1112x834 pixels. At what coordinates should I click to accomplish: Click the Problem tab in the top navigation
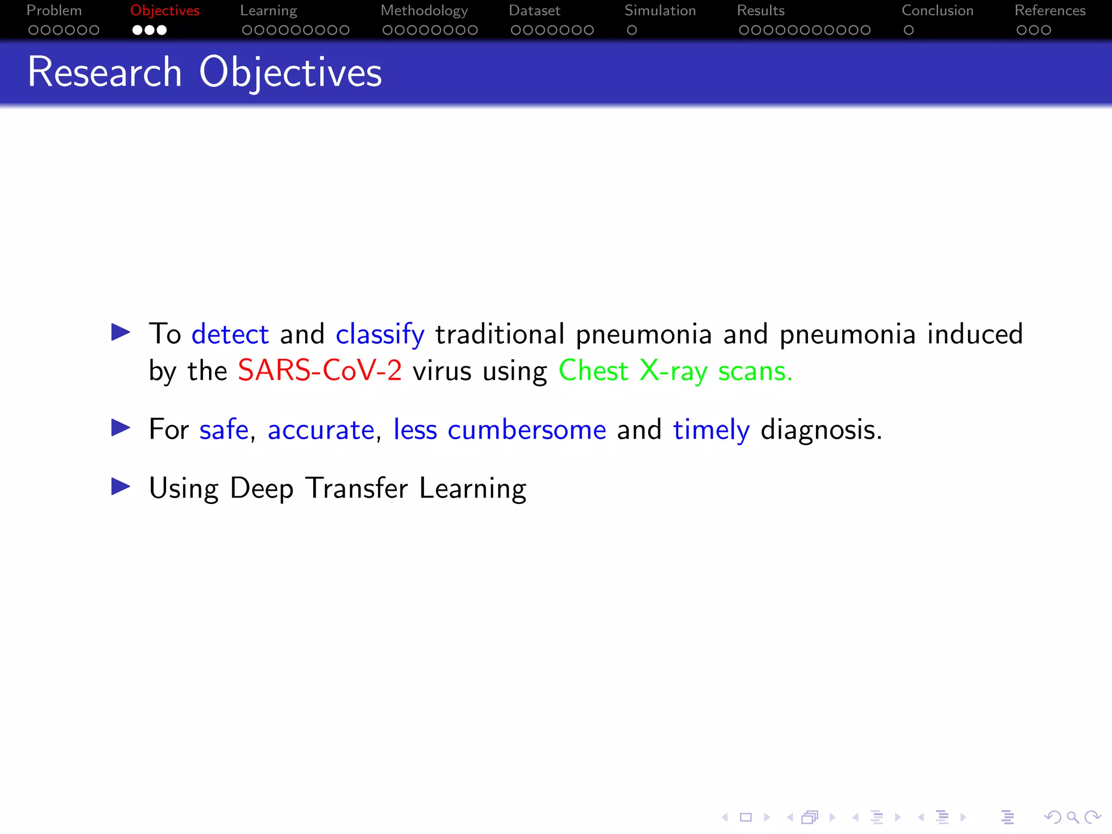point(54,11)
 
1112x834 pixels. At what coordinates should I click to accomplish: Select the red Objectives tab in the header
point(165,11)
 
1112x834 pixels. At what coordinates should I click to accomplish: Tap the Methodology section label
point(424,11)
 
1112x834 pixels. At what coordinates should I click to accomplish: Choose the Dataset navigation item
point(534,11)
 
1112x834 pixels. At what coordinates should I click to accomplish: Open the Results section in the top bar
point(761,11)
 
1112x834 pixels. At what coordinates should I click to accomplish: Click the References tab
point(1050,11)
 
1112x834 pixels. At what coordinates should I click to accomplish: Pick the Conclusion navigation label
point(938,11)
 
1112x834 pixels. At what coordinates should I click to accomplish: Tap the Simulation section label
point(660,11)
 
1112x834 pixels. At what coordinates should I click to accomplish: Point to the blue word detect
point(230,334)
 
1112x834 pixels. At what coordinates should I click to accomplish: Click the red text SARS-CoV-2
point(320,371)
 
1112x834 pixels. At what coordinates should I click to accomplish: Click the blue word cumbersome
point(527,430)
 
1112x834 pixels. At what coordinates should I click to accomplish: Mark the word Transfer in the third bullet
point(356,488)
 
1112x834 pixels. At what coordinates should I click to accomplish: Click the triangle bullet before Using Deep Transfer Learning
point(121,486)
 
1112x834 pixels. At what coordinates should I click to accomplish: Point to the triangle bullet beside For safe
point(121,428)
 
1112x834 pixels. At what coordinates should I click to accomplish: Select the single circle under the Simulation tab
point(631,30)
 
